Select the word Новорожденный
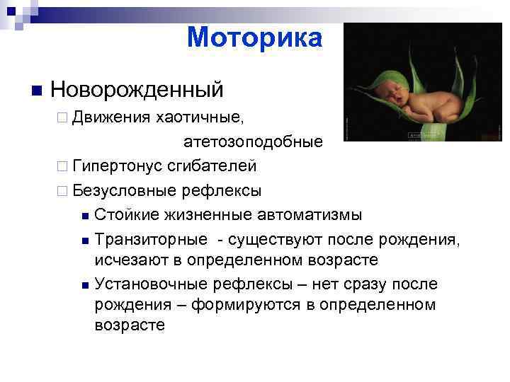(x=137, y=90)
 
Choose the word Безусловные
(x=124, y=190)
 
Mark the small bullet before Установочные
(x=85, y=285)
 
